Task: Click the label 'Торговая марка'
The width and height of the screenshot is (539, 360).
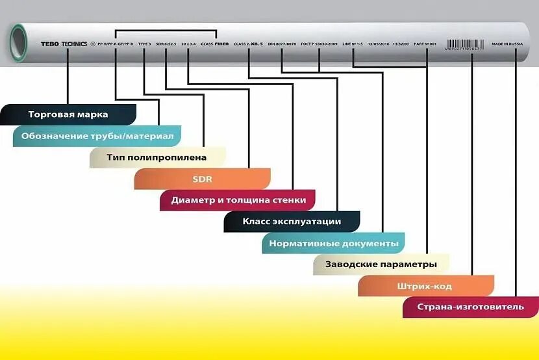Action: click(68, 114)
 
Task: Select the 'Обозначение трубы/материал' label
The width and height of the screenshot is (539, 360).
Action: click(97, 136)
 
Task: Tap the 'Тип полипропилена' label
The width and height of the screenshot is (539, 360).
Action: click(157, 157)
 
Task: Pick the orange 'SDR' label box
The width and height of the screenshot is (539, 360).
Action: click(202, 179)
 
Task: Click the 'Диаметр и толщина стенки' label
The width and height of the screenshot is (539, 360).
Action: click(238, 200)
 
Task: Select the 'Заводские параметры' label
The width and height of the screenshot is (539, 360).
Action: click(380, 265)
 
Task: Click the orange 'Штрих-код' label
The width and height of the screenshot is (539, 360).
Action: click(425, 287)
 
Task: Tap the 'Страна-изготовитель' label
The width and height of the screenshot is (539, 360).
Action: click(470, 307)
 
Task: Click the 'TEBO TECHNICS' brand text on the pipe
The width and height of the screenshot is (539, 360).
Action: click(64, 44)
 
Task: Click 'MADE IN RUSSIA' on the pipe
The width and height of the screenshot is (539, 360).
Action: click(507, 44)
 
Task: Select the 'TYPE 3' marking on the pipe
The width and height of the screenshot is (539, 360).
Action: click(144, 44)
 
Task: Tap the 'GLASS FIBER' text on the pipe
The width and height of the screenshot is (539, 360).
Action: click(215, 44)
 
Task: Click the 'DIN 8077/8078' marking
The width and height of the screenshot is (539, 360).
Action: click(281, 44)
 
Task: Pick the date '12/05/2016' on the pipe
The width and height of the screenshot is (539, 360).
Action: click(378, 44)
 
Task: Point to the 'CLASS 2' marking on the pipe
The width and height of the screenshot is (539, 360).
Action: click(242, 44)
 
